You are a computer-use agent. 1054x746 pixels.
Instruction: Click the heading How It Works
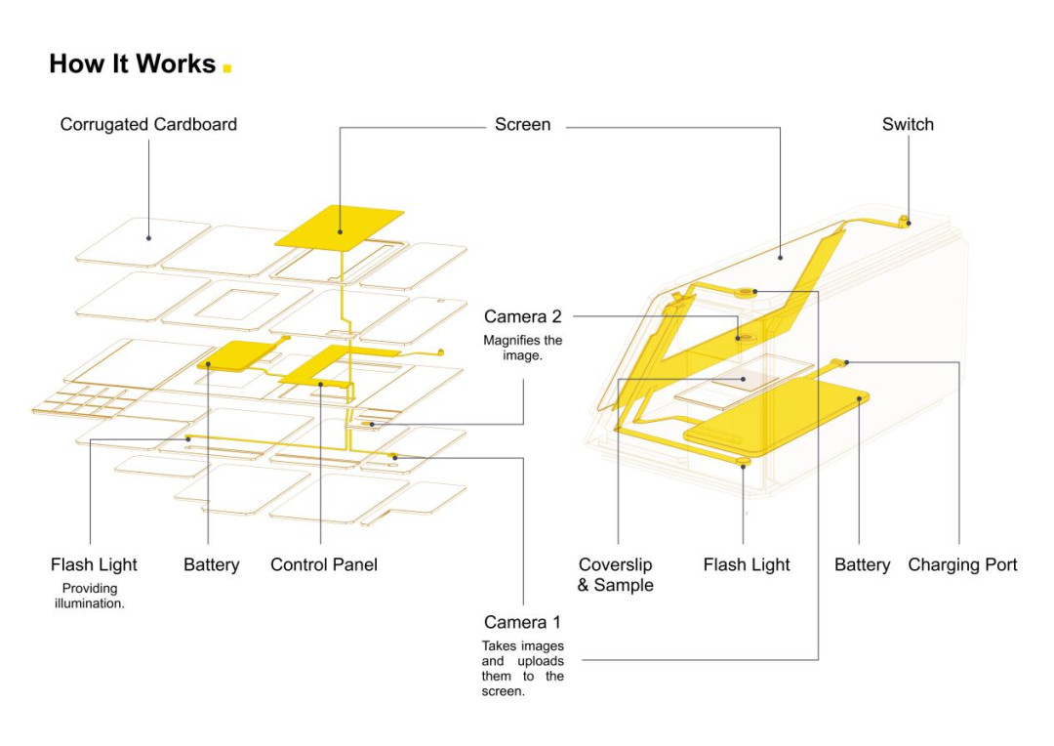click(132, 64)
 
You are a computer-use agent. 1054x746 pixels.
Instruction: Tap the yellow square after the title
click(227, 68)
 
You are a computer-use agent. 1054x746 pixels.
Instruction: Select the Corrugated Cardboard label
click(148, 125)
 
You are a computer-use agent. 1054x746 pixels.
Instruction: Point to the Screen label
click(522, 125)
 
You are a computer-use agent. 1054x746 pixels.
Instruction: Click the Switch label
click(908, 125)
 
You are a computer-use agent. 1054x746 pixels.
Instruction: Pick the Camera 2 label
click(523, 317)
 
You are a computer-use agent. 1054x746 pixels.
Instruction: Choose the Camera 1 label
click(523, 622)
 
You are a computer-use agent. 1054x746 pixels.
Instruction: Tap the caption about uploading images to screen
click(523, 669)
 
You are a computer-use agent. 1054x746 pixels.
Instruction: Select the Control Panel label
click(324, 564)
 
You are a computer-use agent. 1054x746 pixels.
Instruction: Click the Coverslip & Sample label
click(616, 575)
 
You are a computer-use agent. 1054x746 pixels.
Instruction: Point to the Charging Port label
click(962, 564)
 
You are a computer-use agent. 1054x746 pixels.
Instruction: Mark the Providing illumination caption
click(90, 596)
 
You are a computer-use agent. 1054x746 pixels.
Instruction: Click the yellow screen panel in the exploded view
click(340, 227)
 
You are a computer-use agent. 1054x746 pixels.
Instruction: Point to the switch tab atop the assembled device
click(905, 219)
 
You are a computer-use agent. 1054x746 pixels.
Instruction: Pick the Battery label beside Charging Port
click(862, 564)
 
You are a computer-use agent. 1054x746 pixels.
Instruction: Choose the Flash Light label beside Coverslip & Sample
click(747, 564)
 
